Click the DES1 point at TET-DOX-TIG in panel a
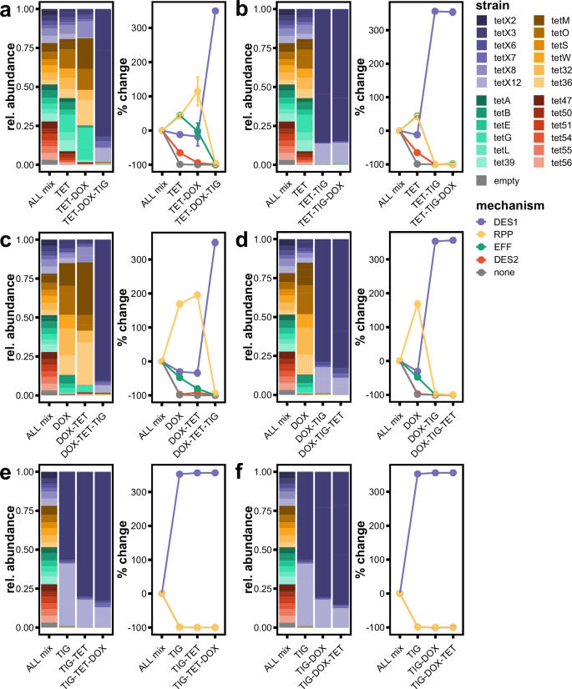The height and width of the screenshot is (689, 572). [215, 12]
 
